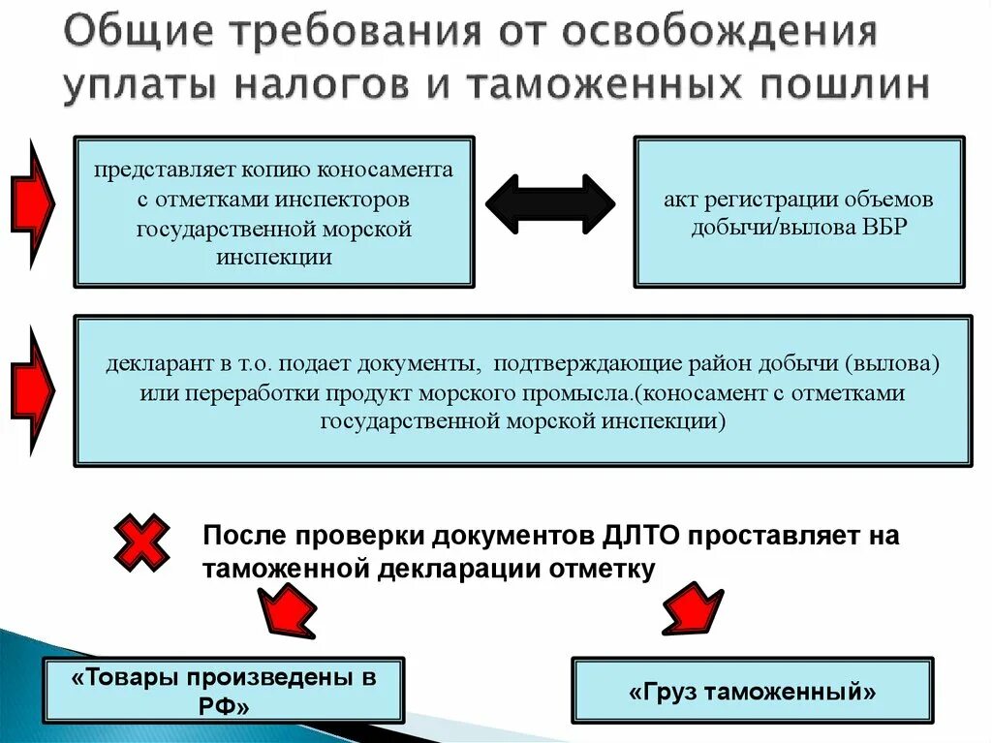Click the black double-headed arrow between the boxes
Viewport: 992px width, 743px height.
click(x=549, y=204)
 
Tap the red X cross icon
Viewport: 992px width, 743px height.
click(x=142, y=541)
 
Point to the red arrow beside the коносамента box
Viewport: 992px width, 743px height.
click(x=35, y=203)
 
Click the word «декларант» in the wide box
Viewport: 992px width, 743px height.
click(x=153, y=365)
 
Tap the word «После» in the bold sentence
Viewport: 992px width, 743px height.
click(x=244, y=536)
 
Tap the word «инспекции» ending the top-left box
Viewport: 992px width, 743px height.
click(x=274, y=258)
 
